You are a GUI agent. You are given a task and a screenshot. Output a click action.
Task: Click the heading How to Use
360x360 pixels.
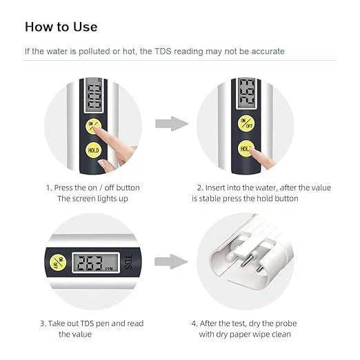coord(61,27)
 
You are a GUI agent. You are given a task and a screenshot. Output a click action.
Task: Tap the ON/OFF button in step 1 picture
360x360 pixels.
coord(92,126)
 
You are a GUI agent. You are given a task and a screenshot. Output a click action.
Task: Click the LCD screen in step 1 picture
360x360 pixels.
coord(92,100)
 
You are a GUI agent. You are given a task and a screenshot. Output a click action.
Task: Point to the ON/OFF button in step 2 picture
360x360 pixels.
coord(246,123)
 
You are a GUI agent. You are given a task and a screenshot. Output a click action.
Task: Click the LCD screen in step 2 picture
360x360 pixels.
coord(246,95)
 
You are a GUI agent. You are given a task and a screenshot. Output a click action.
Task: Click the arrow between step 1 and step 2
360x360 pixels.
coord(170,124)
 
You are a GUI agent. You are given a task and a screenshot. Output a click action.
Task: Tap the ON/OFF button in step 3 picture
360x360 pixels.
coord(57,262)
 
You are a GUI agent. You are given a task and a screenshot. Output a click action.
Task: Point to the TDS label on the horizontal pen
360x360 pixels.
coord(126,262)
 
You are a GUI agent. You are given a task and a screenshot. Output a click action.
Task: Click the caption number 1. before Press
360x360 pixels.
coord(49,188)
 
